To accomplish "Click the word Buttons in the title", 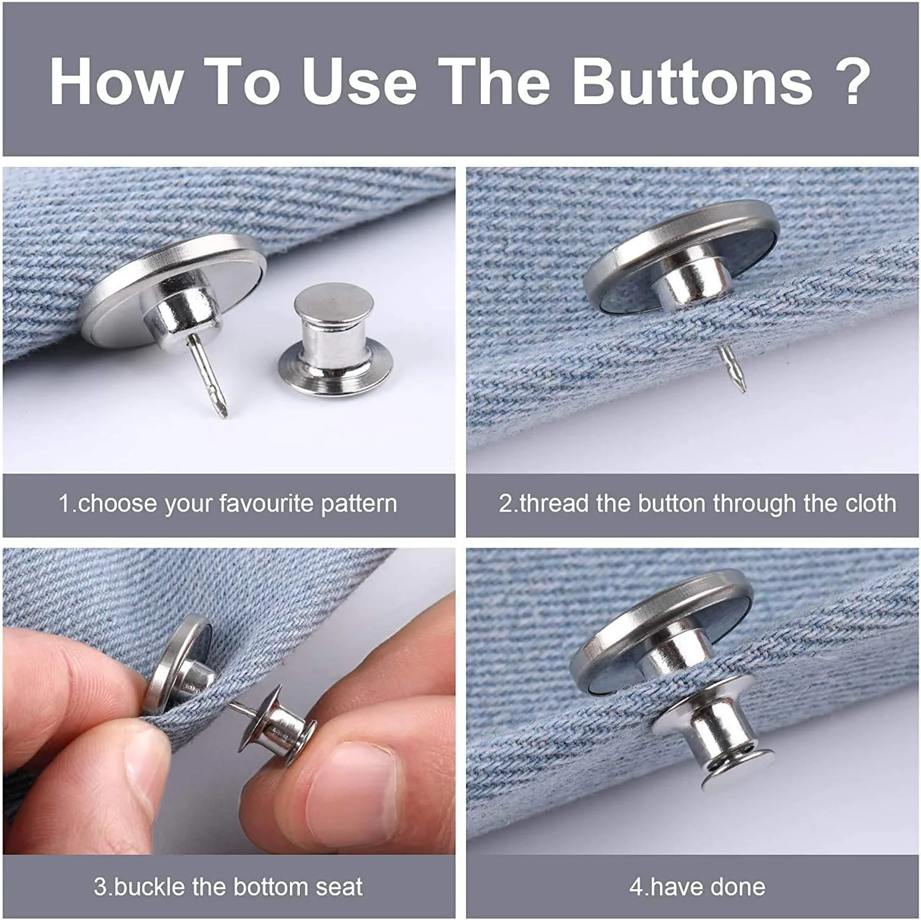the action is [693, 81].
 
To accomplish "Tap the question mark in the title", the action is [852, 81].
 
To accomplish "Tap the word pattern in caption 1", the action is [359, 504].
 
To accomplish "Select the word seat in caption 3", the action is [339, 887].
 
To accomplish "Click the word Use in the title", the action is [359, 81].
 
